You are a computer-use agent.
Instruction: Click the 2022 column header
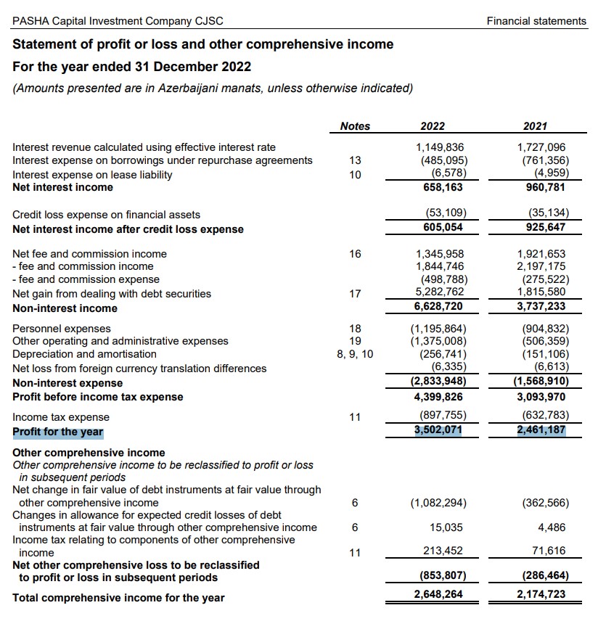point(433,126)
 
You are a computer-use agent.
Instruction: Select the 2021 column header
point(535,126)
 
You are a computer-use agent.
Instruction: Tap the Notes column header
point(355,126)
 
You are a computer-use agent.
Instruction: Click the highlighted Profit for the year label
point(58,432)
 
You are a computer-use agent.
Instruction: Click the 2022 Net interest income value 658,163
point(443,187)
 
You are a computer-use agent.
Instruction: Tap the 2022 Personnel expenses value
point(438,328)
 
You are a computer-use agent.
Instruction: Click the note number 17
point(355,294)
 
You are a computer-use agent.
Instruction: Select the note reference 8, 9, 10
point(355,354)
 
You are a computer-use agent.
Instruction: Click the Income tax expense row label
point(61,417)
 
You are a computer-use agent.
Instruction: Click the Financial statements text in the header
point(536,21)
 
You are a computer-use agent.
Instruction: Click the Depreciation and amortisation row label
point(84,354)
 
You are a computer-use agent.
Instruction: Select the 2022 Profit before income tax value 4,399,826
point(438,397)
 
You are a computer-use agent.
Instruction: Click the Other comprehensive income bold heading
point(89,453)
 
